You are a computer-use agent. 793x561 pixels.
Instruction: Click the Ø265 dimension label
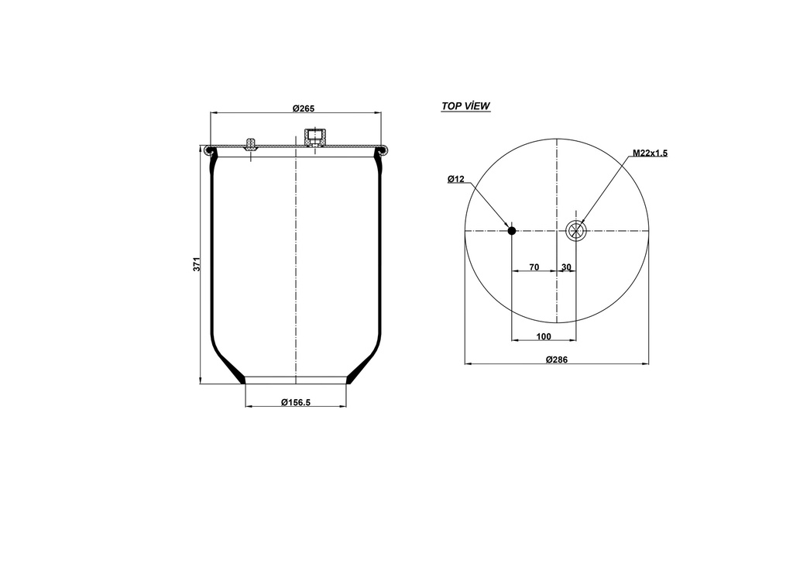point(303,108)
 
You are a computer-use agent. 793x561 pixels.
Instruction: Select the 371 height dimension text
point(197,263)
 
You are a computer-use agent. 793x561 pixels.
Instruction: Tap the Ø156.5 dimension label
point(295,401)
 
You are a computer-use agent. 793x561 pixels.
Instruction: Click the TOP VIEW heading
point(465,106)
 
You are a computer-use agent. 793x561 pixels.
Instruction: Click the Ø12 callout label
point(455,180)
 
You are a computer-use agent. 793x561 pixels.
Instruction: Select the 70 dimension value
point(534,267)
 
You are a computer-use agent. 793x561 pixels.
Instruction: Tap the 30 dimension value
point(566,267)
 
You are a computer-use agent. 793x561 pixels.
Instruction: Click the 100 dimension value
point(543,336)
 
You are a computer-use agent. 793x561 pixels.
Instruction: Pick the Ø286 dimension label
point(556,359)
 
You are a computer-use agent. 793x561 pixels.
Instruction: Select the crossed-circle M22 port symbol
point(576,229)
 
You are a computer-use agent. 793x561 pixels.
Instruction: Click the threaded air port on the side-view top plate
point(314,139)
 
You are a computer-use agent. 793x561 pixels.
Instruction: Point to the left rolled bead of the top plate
point(210,151)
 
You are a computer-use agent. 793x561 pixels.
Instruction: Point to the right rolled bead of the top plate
point(381,151)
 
